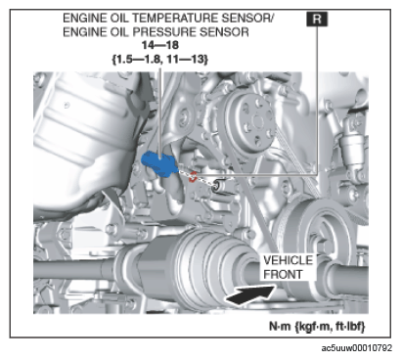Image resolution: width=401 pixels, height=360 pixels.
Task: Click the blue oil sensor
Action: [x=159, y=164]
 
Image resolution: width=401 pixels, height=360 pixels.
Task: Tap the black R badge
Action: [x=317, y=19]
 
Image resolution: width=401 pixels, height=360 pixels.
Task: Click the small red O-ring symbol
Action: [x=193, y=176]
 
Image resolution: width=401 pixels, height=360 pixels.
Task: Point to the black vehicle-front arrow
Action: [x=249, y=294]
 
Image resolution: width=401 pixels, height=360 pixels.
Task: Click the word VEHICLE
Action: [x=288, y=260]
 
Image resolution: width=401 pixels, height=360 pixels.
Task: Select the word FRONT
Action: [x=283, y=275]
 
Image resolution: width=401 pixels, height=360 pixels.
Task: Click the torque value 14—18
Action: [x=159, y=45]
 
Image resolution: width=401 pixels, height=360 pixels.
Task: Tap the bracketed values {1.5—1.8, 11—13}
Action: [x=159, y=59]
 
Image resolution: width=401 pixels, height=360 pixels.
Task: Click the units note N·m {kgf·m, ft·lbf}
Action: [x=317, y=326]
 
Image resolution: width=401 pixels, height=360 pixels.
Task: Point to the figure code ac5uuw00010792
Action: [x=357, y=348]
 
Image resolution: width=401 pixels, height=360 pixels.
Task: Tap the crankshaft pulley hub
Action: [x=323, y=234]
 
